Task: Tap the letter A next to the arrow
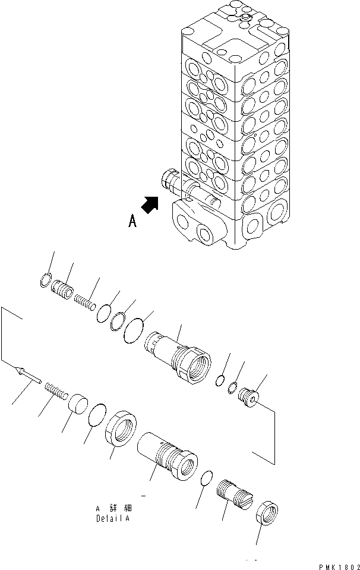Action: (132, 222)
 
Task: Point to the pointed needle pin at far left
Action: (27, 376)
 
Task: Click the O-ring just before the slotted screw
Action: (206, 478)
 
